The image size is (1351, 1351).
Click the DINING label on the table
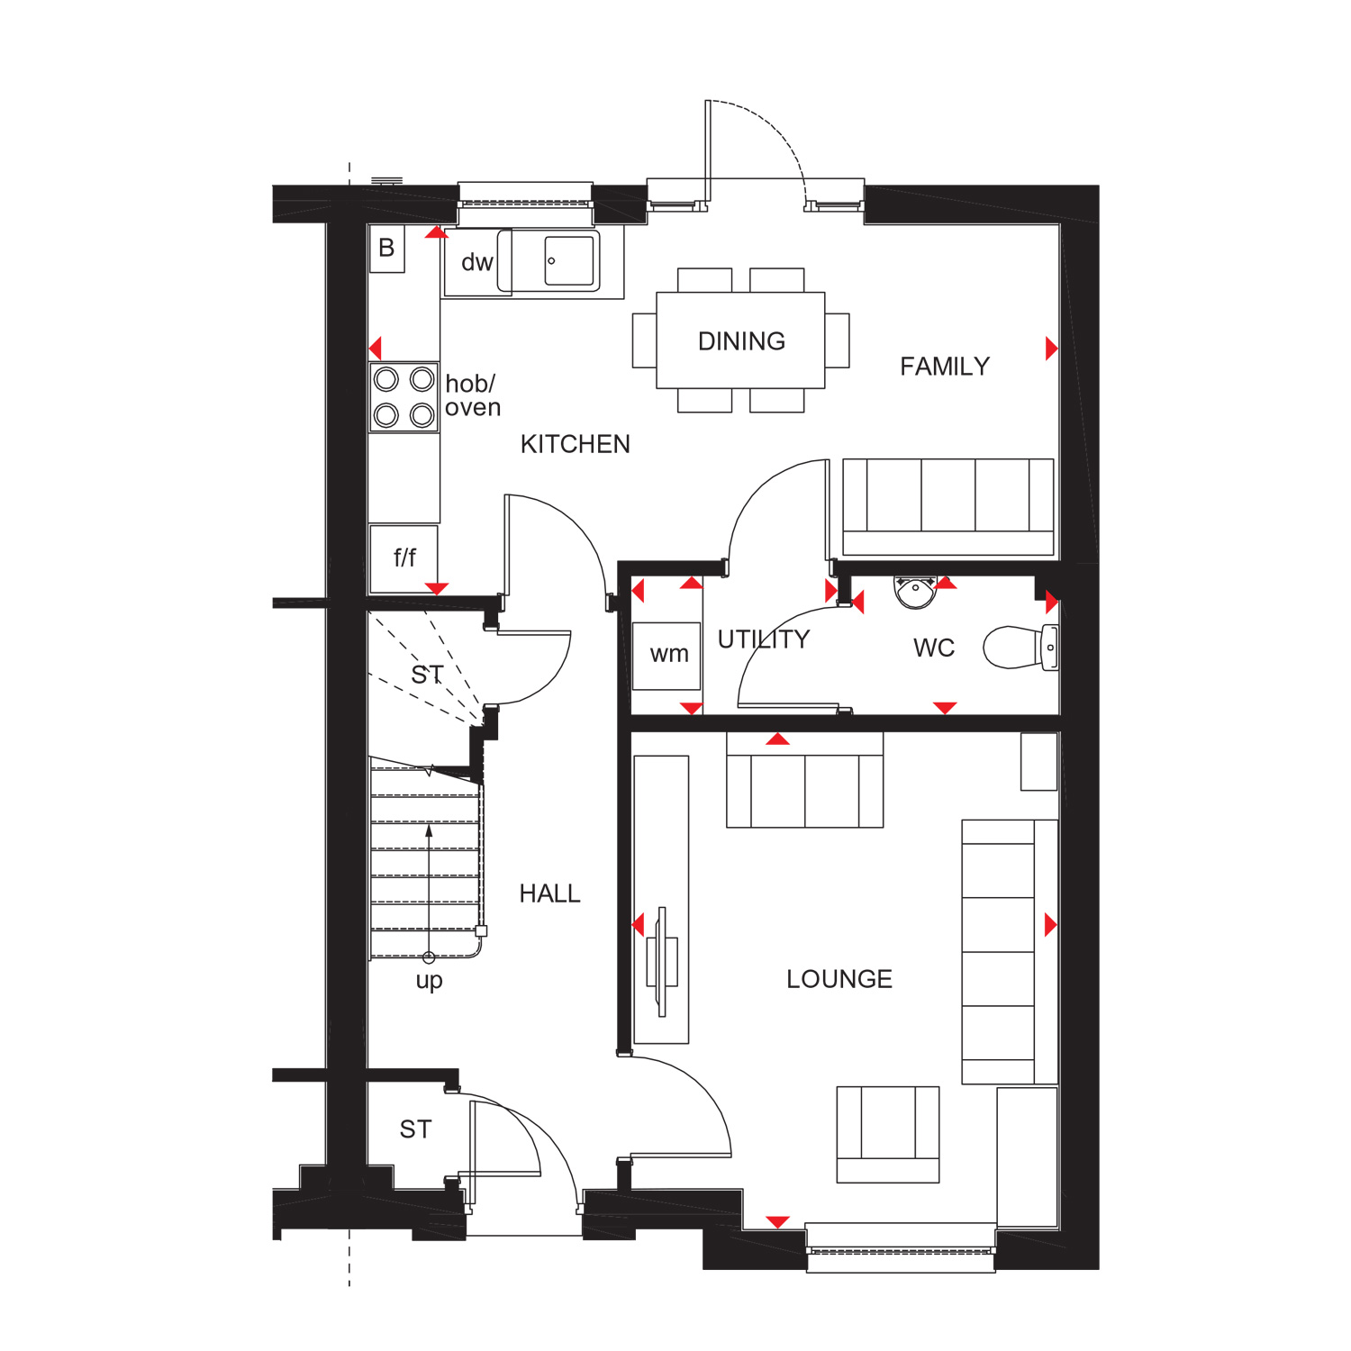pos(741,341)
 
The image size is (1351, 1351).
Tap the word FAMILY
pos(945,367)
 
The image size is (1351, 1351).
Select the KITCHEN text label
pos(576,444)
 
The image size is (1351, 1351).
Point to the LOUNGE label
pos(839,979)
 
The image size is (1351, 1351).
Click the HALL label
pos(549,893)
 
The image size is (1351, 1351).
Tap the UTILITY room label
pos(764,639)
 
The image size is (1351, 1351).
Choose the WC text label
pos(934,648)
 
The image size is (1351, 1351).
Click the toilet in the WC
pos(1020,648)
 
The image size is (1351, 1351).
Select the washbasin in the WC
pos(916,592)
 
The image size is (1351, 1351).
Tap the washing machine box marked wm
pos(666,656)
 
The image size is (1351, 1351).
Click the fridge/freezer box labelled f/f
pos(403,559)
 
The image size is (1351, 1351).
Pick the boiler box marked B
pos(387,249)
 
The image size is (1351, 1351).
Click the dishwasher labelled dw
pos(477,262)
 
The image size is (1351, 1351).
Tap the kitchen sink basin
pos(570,261)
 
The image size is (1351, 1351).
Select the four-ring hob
pos(403,397)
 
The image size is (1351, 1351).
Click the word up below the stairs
pos(429,981)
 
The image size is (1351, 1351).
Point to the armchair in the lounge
pos(888,1134)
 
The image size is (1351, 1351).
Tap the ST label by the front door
pos(415,1129)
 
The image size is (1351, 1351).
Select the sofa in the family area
pos(948,507)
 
